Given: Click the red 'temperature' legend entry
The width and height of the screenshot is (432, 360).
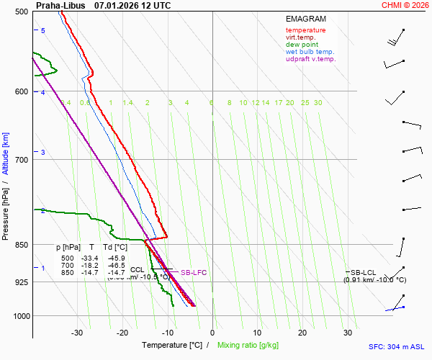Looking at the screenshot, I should click(305, 30).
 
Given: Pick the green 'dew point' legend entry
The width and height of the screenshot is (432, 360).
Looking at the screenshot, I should click(302, 45).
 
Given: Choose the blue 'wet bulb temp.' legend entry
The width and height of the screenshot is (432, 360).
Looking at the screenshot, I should click(310, 52).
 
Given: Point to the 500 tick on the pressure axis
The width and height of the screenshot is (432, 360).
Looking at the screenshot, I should click(21, 12).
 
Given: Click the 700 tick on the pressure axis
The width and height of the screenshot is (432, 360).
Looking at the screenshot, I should click(21, 159).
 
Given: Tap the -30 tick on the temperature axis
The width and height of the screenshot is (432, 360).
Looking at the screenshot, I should click(78, 333).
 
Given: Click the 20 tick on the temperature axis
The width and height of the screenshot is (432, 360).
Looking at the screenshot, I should click(303, 333).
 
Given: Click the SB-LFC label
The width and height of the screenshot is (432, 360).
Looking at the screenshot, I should click(193, 273).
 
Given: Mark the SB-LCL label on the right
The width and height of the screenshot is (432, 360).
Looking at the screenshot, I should click(363, 272).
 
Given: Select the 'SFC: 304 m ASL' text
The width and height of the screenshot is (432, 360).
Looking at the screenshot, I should click(397, 346).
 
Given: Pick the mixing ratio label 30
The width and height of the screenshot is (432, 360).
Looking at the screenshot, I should click(318, 103).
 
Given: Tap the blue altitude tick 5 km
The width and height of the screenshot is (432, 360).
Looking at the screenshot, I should click(42, 30).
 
